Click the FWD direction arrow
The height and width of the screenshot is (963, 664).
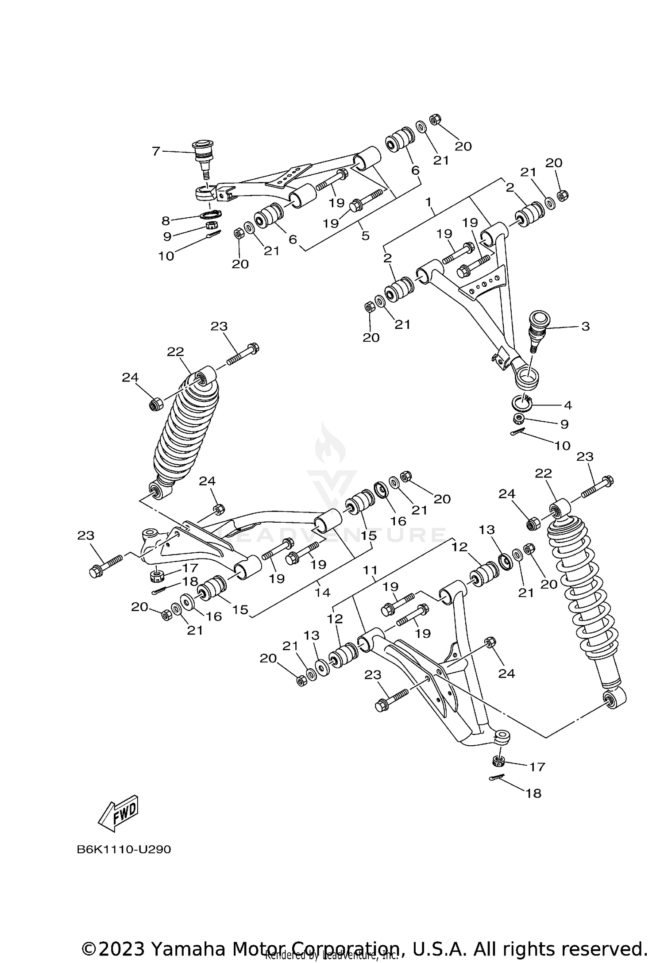point(118,814)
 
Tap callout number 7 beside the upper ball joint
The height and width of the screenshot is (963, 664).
point(155,151)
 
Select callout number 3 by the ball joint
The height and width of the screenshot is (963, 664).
point(585,327)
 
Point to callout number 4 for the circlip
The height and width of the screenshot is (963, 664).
point(567,405)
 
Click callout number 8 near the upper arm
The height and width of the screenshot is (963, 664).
point(166,221)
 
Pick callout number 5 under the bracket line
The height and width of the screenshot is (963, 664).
point(365,235)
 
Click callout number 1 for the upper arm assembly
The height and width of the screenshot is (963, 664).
point(428,202)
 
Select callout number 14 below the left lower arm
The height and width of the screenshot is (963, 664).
point(322,592)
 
